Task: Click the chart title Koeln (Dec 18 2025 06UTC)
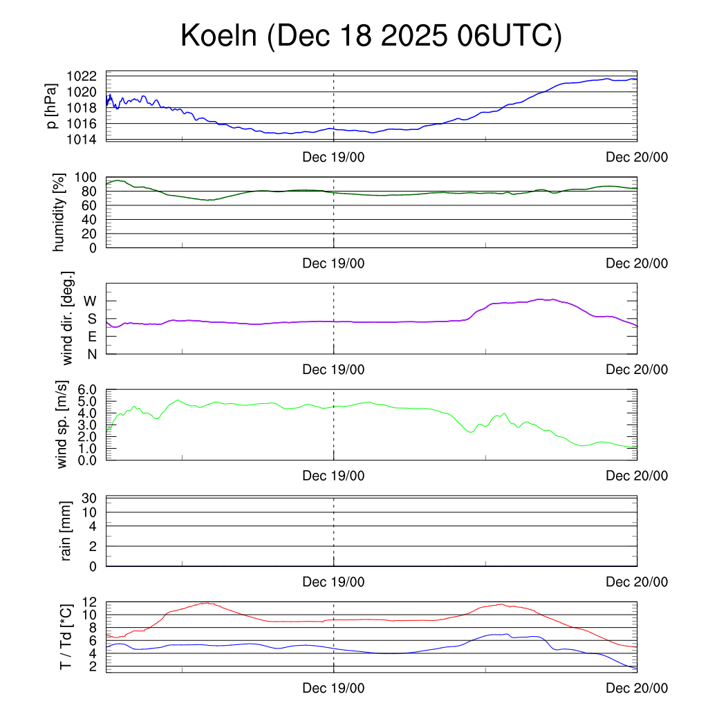coord(371,36)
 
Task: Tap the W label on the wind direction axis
coord(90,301)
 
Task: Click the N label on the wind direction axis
coord(92,354)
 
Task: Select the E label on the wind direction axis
coord(92,337)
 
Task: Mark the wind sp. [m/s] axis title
coord(63,425)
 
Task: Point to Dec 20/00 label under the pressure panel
coord(637,158)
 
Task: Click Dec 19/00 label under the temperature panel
coord(333,688)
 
